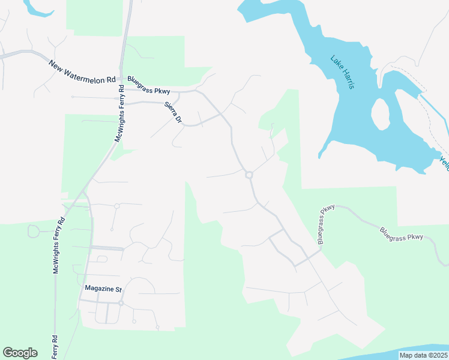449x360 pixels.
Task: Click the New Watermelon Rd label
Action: coord(82,71)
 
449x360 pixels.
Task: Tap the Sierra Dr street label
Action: coord(172,112)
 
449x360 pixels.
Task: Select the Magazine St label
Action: coord(103,289)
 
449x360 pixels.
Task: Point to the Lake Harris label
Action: coord(342,72)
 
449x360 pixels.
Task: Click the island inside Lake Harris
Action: coord(381,114)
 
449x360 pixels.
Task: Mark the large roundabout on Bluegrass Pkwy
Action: coord(249,175)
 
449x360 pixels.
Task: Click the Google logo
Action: coord(20,353)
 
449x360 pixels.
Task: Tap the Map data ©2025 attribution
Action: coord(424,355)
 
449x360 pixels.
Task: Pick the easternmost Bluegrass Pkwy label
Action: coord(402,233)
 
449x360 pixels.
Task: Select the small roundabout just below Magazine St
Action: coord(121,304)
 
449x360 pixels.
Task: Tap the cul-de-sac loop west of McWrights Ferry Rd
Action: coord(34,231)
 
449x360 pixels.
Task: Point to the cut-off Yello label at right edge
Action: coord(445,163)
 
